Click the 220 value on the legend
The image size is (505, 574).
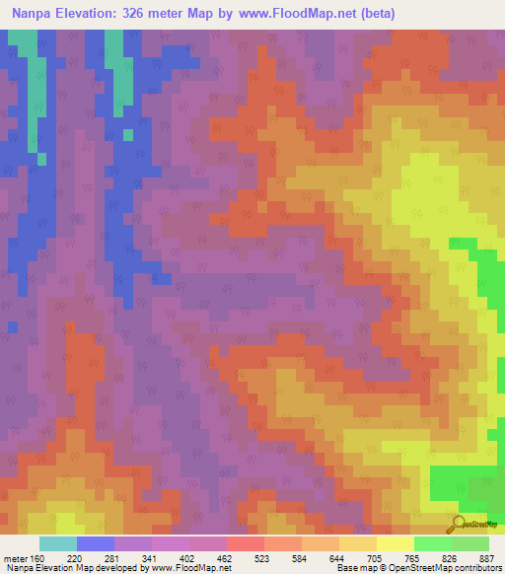click(x=76, y=558)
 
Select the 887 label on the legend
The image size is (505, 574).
click(x=487, y=558)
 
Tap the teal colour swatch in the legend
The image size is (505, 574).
click(x=58, y=543)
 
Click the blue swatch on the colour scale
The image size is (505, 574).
click(x=96, y=543)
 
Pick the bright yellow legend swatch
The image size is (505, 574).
click(x=396, y=543)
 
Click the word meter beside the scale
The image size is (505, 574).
click(x=13, y=558)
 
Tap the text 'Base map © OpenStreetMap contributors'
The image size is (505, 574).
click(x=417, y=568)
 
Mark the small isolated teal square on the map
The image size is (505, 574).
click(x=127, y=134)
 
